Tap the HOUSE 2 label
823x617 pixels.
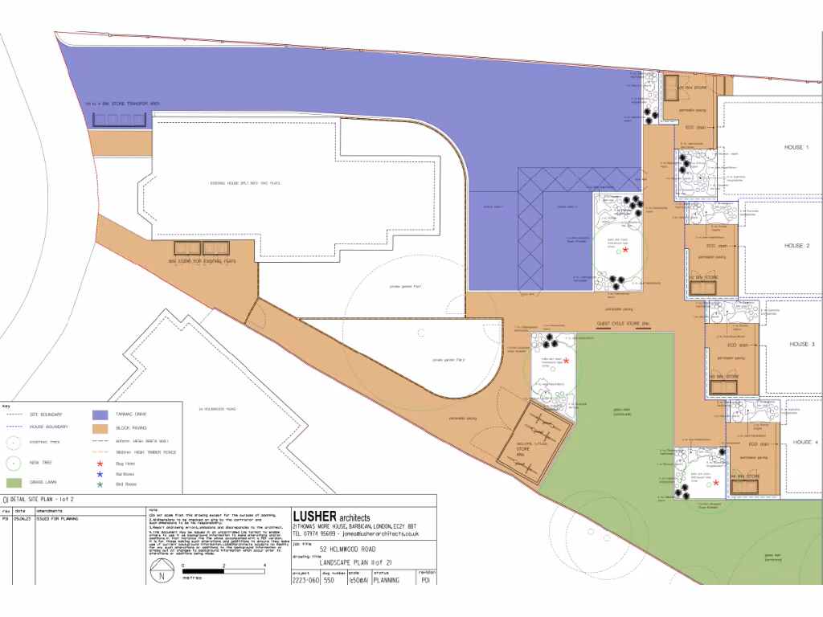click(797, 246)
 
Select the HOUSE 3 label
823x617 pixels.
click(801, 344)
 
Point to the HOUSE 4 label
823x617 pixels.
click(805, 443)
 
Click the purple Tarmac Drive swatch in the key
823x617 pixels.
click(100, 415)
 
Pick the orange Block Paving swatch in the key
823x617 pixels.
click(100, 428)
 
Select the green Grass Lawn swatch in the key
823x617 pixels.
click(13, 483)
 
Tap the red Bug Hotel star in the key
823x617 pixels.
click(100, 464)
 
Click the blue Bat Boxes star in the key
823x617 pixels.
click(100, 475)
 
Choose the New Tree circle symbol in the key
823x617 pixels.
click(13, 462)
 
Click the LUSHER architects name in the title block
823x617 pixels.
click(331, 517)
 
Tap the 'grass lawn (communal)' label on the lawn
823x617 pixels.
click(623, 412)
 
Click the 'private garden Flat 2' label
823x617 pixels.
click(449, 360)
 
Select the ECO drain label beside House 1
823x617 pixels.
click(695, 127)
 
